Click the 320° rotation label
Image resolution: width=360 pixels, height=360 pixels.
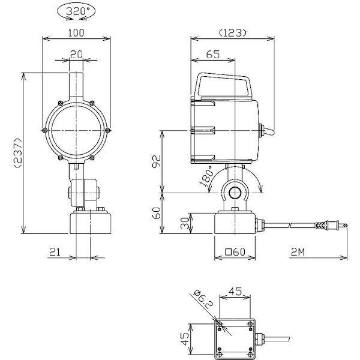click(x=76, y=11)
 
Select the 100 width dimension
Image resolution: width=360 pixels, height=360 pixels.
click(x=76, y=33)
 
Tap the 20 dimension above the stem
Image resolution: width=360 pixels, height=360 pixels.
click(x=76, y=55)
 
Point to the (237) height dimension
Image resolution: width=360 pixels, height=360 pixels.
click(x=18, y=152)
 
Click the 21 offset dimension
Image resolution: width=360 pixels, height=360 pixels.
click(x=55, y=252)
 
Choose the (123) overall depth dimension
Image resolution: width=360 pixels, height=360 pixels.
click(x=232, y=33)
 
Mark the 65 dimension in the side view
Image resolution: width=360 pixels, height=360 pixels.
click(x=213, y=55)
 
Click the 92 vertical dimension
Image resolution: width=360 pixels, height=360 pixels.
click(x=157, y=161)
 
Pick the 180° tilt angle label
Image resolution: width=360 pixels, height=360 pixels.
click(x=206, y=176)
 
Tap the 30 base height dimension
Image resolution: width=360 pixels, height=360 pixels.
click(x=185, y=223)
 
